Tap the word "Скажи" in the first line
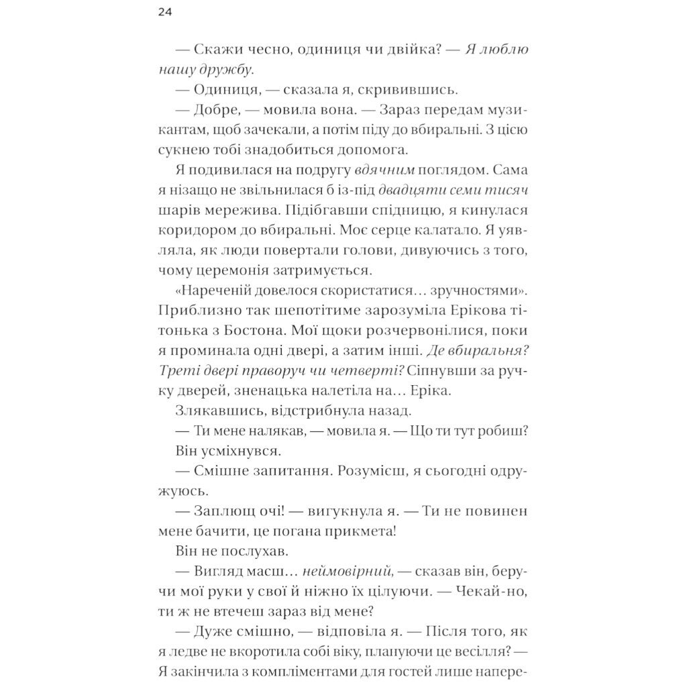[219, 50]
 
